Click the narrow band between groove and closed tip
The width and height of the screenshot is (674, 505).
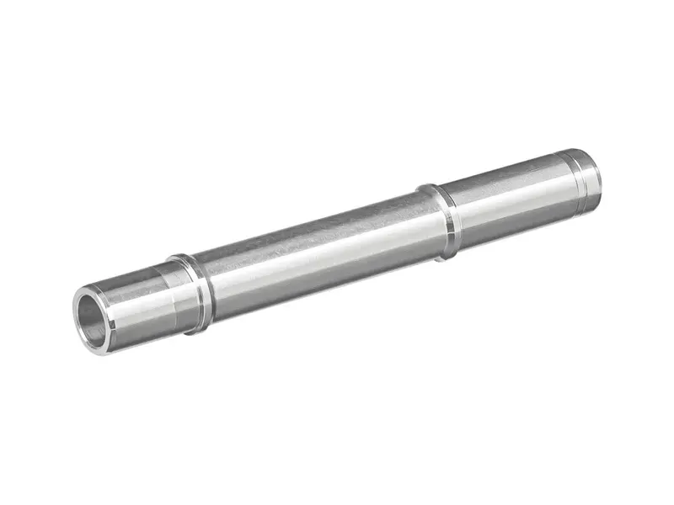pyautogui.click(x=587, y=177)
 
